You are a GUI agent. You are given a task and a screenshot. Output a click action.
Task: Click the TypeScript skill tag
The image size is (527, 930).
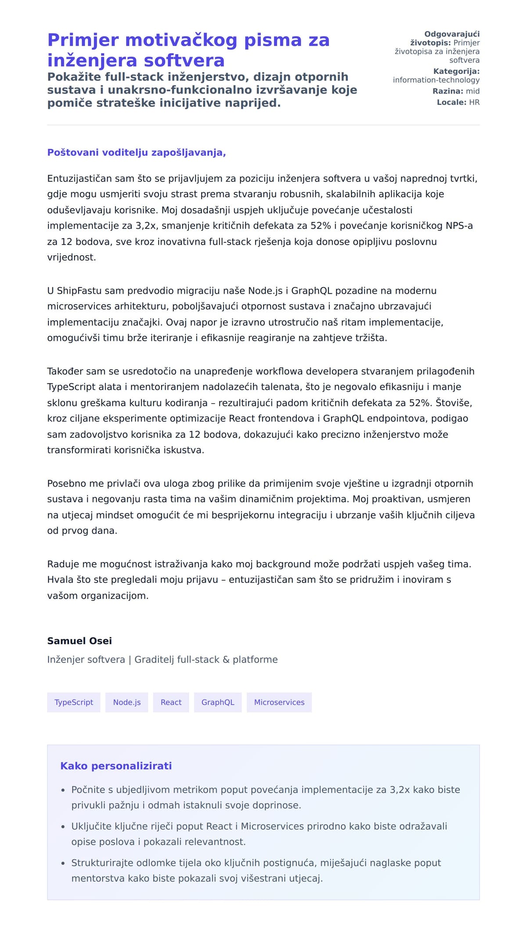coord(73,702)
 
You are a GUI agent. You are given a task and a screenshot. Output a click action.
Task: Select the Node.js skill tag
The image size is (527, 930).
coord(126,702)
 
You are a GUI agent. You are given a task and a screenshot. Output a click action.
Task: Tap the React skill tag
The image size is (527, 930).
coord(171,702)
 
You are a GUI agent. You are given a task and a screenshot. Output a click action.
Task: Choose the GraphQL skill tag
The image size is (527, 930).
coord(218,702)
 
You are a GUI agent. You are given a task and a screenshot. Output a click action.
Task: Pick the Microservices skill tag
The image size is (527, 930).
coord(279,702)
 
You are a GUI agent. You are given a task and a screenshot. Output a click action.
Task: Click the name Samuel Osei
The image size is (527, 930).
coord(79,641)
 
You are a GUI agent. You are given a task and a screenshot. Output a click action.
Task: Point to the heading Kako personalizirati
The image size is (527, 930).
coord(116,766)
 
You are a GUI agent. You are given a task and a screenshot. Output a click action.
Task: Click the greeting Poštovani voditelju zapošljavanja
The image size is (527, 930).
coord(136,152)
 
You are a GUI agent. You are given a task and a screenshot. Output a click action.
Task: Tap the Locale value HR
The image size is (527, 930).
coord(474,102)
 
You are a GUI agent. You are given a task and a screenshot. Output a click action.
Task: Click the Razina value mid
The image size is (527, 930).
coord(473,91)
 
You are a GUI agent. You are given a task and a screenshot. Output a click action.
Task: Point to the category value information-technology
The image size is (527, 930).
coord(436,80)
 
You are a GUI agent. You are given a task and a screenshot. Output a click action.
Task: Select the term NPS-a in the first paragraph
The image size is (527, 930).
coord(459,226)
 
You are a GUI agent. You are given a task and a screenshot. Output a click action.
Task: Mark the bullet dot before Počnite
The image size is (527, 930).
coord(63,790)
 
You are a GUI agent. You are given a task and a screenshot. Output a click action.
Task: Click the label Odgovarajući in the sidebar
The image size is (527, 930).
coord(452,34)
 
